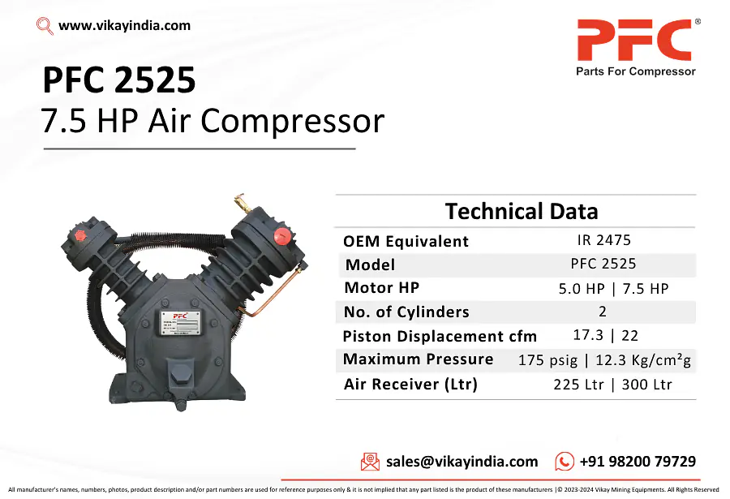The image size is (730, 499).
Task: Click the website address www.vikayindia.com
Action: click(x=124, y=26)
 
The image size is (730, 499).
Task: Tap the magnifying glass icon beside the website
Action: click(x=45, y=26)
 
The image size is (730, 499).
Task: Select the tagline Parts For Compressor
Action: click(x=635, y=71)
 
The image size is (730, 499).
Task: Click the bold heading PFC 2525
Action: click(x=118, y=80)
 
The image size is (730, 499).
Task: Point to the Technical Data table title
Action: click(x=522, y=211)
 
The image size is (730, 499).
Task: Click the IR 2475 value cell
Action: click(x=603, y=240)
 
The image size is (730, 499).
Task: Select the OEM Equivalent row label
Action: click(x=406, y=241)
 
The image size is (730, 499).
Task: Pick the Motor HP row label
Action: click(x=382, y=287)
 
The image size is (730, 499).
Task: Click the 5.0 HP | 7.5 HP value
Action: click(x=614, y=289)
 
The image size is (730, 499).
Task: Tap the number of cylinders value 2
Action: click(x=603, y=312)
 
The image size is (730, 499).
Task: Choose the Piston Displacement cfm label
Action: click(x=440, y=336)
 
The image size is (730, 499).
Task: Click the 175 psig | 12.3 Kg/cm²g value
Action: click(x=604, y=359)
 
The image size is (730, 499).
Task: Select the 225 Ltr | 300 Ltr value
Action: click(x=612, y=385)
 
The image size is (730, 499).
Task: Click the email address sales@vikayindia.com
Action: click(x=462, y=461)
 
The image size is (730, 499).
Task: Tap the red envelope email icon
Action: click(x=370, y=462)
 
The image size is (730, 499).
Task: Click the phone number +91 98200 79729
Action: click(x=638, y=461)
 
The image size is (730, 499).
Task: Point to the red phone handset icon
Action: click(x=565, y=461)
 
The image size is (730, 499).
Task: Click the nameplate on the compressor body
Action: click(x=181, y=322)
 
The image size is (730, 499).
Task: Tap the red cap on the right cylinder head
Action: click(x=282, y=236)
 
